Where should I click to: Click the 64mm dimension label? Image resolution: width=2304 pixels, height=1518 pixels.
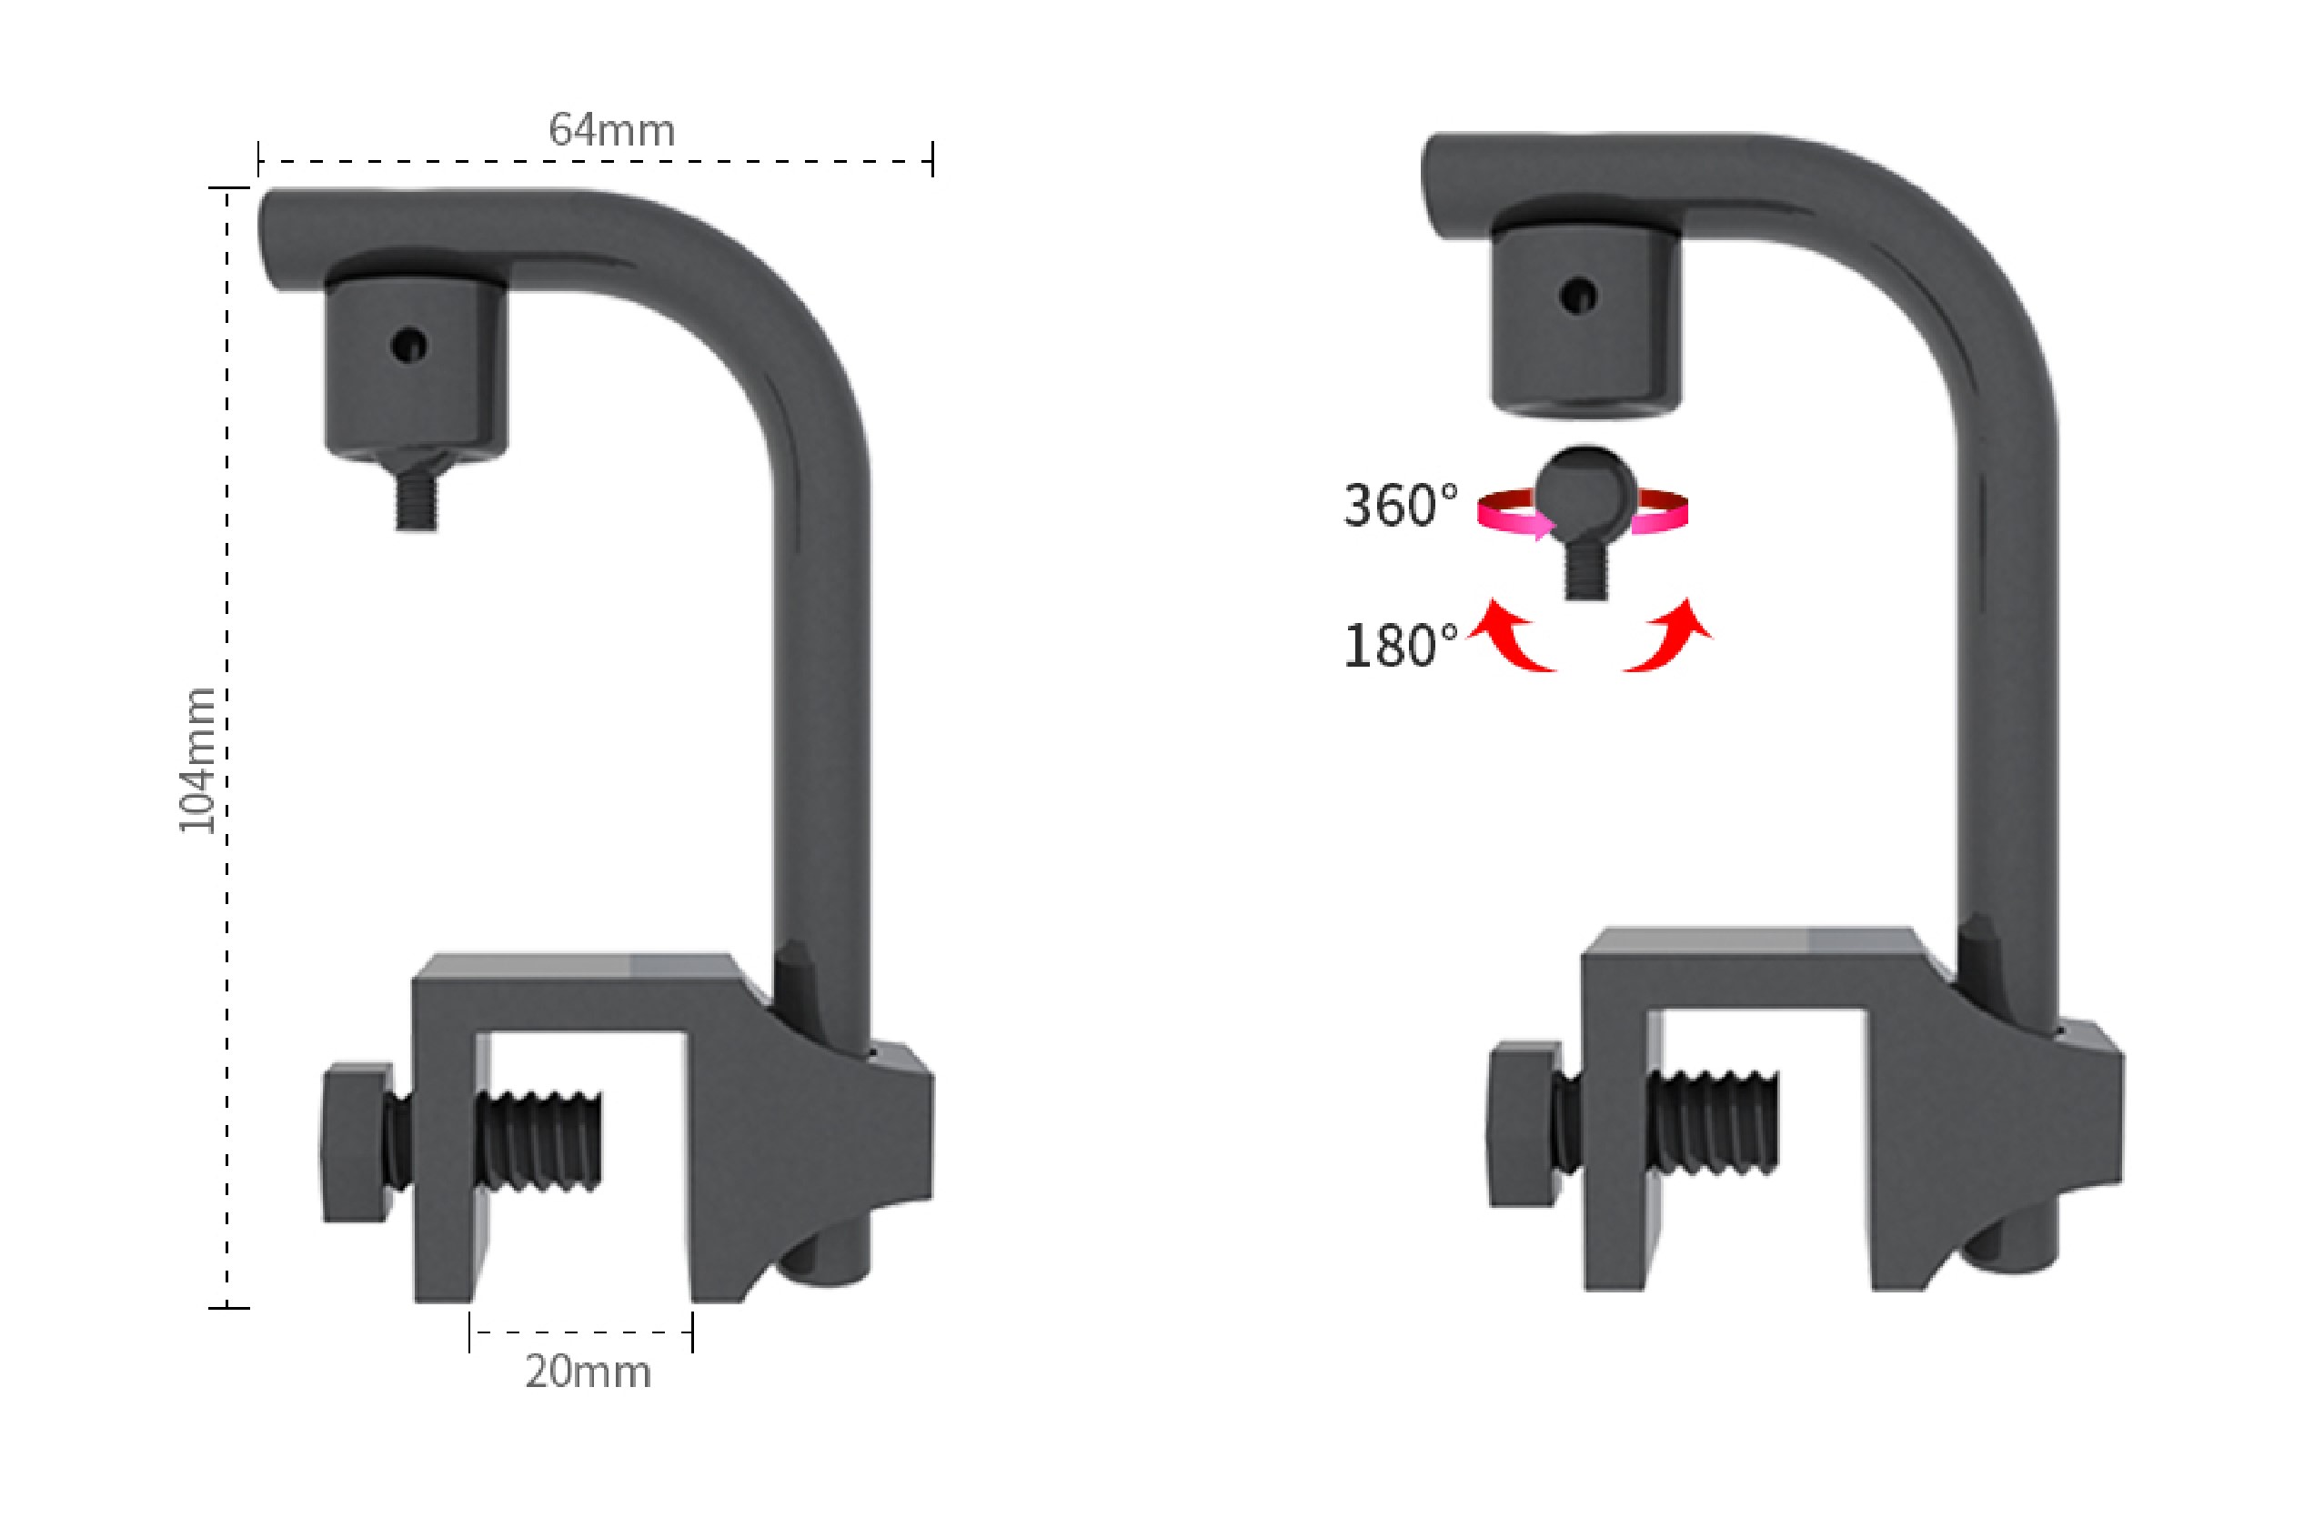[611, 131]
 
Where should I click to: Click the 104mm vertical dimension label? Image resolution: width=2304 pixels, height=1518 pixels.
[197, 760]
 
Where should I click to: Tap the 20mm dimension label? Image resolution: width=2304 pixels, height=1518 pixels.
[588, 1372]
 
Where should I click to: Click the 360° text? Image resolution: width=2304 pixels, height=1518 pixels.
[1400, 506]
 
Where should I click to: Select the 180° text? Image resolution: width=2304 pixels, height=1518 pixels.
[1400, 646]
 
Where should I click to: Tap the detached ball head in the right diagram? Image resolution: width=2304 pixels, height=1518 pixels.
[1585, 489]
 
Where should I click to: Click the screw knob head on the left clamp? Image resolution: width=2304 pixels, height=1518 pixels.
[357, 1143]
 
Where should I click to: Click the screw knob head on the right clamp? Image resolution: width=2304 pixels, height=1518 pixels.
[1524, 1124]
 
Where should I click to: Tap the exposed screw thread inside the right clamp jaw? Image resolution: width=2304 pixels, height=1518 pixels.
[1715, 1121]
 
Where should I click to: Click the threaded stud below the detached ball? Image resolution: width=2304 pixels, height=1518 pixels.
[1585, 576]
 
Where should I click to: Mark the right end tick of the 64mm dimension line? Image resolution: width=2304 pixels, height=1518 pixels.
[932, 160]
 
